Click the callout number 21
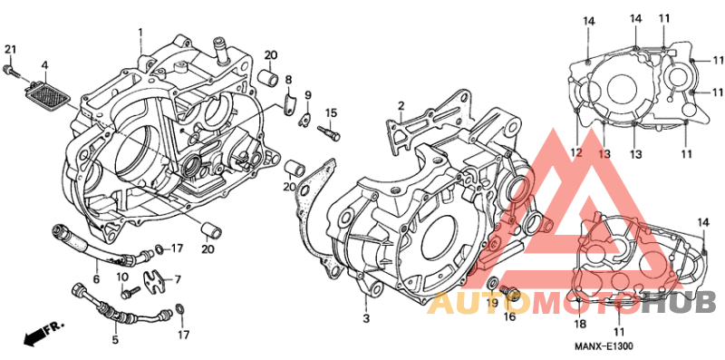[10, 50]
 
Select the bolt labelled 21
[11, 71]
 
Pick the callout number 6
[97, 278]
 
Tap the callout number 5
[115, 340]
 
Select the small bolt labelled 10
[130, 291]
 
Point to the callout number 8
[288, 79]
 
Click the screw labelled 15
[329, 131]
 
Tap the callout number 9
[308, 96]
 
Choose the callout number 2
[401, 105]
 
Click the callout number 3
[366, 318]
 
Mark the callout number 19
[492, 303]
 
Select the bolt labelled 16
[510, 293]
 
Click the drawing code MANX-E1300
[604, 346]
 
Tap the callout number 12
[577, 153]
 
